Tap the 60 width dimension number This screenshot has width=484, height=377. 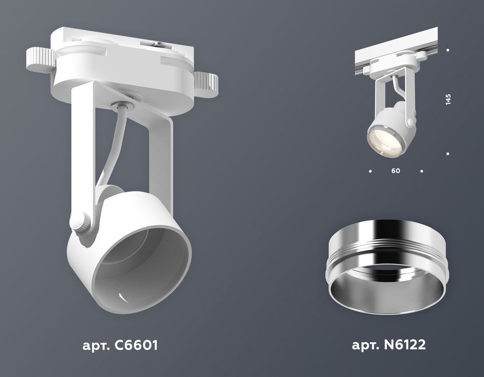tap(396, 171)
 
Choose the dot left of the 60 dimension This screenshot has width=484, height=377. tap(370, 171)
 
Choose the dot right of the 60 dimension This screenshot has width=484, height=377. tap(422, 171)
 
